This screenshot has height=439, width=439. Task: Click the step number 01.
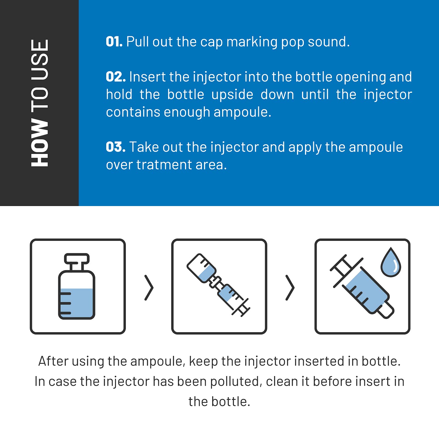pyautogui.click(x=114, y=42)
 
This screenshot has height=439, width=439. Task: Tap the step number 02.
pyautogui.click(x=116, y=77)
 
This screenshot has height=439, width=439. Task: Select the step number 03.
pyautogui.click(x=116, y=147)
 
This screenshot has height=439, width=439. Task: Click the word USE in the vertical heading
pyautogui.click(x=40, y=60)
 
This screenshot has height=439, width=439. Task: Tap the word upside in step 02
pyautogui.click(x=232, y=95)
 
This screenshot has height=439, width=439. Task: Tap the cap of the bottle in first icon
pyautogui.click(x=77, y=258)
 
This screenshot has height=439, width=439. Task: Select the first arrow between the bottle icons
pyautogui.click(x=149, y=287)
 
